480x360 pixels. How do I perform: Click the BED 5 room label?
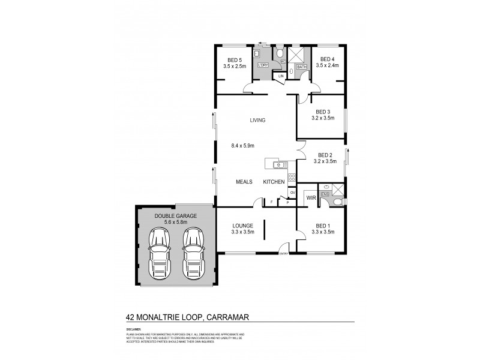click(234, 59)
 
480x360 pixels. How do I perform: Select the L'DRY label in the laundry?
click(262, 65)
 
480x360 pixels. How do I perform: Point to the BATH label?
click(301, 67)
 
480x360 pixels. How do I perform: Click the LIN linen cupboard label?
click(281, 76)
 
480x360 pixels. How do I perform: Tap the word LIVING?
click(257, 120)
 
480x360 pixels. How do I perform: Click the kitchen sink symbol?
click(277, 164)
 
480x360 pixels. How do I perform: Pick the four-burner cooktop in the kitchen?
click(292, 177)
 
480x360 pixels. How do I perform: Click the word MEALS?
click(243, 182)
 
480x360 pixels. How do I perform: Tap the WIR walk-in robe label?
click(311, 197)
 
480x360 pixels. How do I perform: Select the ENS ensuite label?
click(325, 194)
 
